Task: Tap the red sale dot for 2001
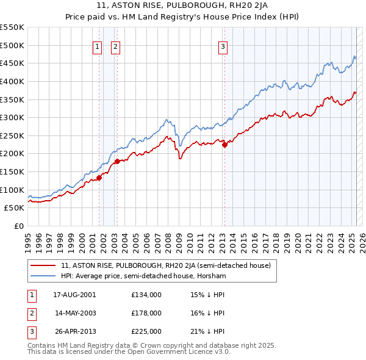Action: click(x=99, y=178)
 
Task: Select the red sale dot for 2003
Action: click(x=117, y=162)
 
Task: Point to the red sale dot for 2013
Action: click(x=224, y=145)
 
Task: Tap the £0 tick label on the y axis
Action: click(x=18, y=226)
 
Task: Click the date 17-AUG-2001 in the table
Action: click(x=74, y=294)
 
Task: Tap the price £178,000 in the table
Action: click(x=146, y=313)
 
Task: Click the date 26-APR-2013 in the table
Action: click(x=74, y=331)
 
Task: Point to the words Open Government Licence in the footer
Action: click(x=170, y=353)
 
